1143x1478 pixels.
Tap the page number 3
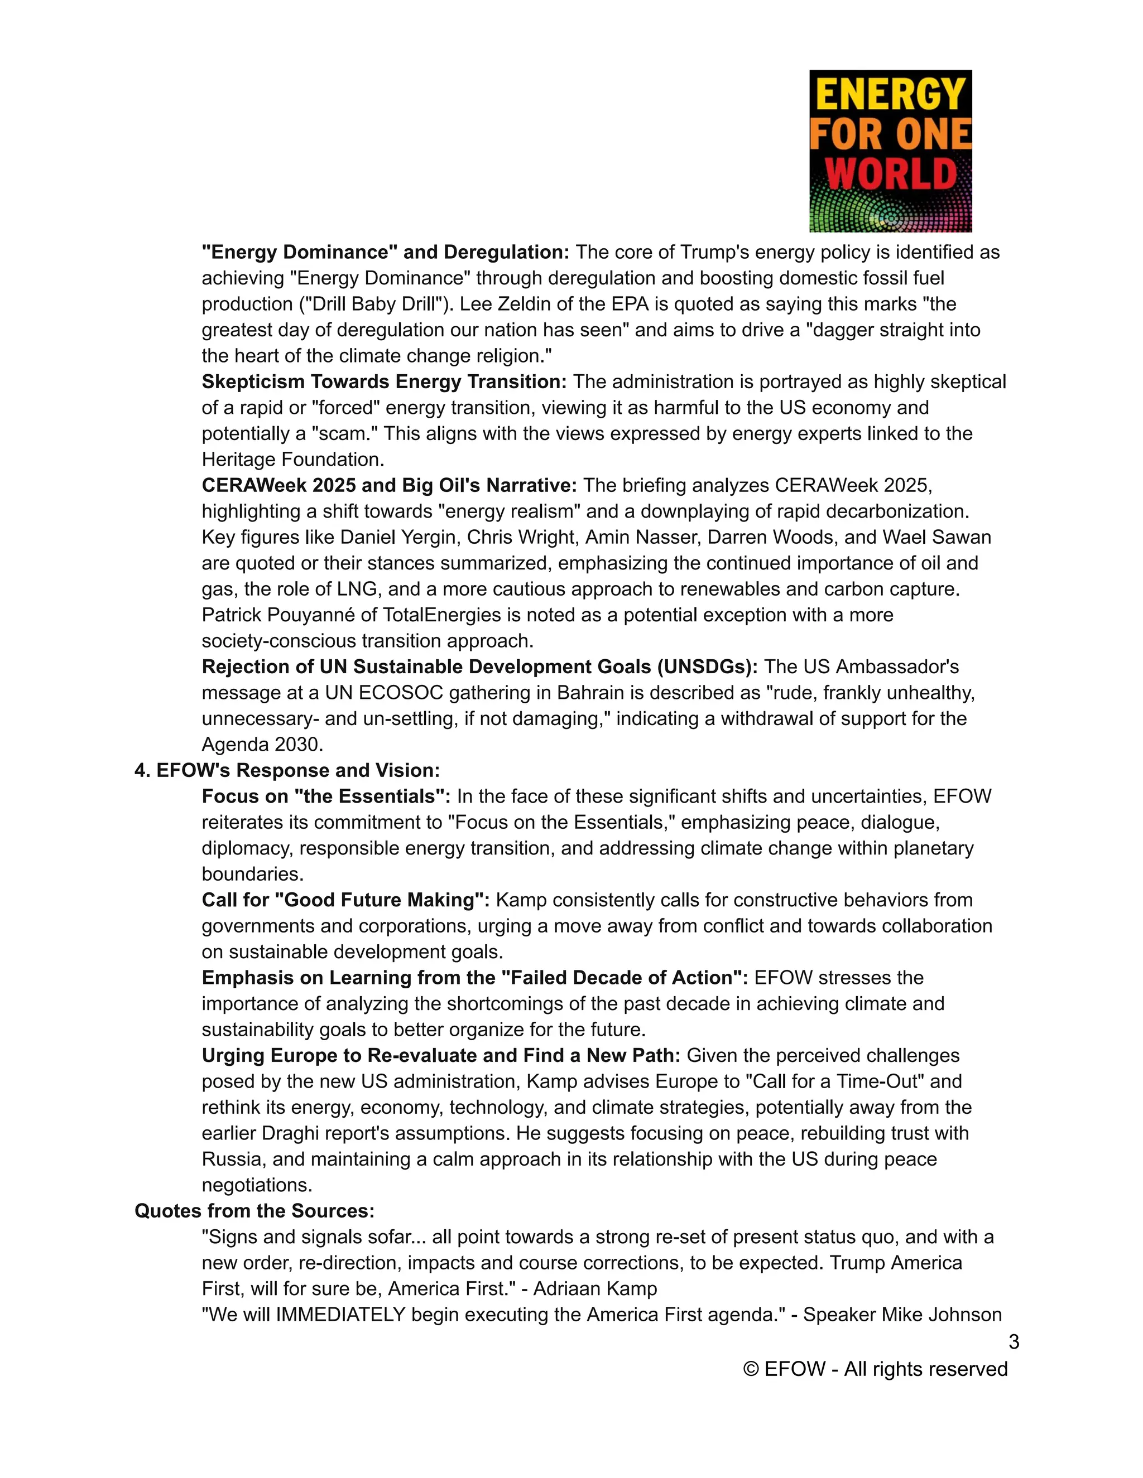coord(1013,1341)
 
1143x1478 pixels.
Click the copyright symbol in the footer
coord(750,1369)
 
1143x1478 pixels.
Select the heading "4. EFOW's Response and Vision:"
coord(287,770)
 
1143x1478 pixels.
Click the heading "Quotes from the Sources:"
coord(254,1211)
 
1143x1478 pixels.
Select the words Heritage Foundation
coord(292,460)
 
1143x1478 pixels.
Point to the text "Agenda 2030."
coord(263,745)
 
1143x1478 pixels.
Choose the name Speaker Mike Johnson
coord(902,1315)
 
